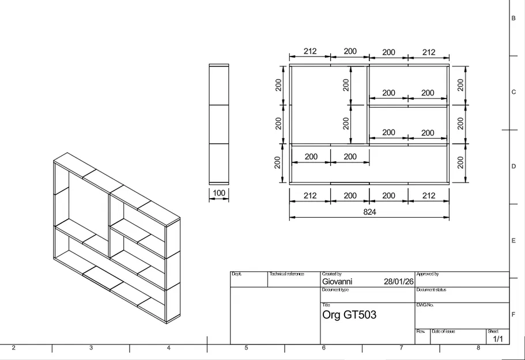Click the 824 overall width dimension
(369, 211)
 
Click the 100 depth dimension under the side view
(218, 193)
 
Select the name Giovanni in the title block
(337, 282)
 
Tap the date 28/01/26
(398, 282)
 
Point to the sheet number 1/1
(498, 339)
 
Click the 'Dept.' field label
(236, 274)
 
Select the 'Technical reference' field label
(286, 274)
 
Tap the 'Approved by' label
(428, 274)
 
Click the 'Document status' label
(431, 290)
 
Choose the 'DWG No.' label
(425, 305)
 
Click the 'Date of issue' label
(443, 332)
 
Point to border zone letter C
(513, 92)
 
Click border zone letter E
(513, 241)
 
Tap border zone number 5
(246, 348)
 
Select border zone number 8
(478, 348)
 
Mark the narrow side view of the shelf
(218, 124)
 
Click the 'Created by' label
(332, 274)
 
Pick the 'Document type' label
(335, 290)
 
